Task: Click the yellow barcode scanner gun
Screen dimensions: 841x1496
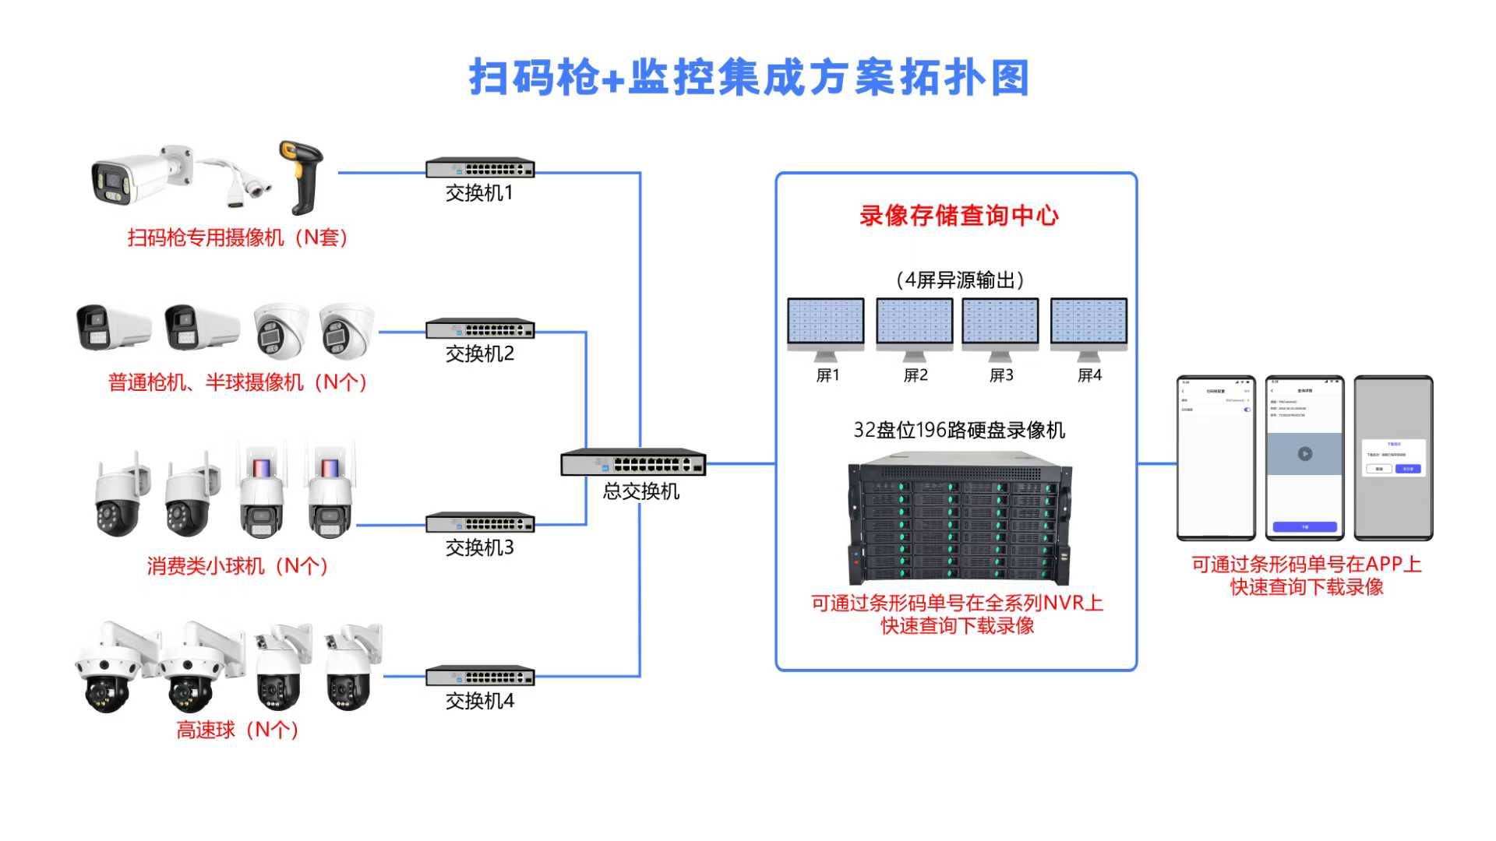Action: (302, 176)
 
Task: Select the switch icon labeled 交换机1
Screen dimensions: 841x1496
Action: (480, 167)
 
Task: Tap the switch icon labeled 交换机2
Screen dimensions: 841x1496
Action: (480, 329)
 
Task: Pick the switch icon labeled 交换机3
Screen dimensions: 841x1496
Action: (480, 523)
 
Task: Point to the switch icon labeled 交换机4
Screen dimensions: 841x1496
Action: (480, 676)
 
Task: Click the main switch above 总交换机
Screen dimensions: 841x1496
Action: (633, 463)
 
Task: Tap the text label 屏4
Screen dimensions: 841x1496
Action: (1089, 375)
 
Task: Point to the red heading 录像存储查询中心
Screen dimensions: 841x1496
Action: (959, 216)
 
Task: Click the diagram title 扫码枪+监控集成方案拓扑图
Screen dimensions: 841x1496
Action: (749, 78)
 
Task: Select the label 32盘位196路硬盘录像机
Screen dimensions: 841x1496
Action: (959, 430)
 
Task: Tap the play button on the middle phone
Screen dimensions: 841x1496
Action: (1304, 454)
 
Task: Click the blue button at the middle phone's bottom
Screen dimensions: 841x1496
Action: (1304, 527)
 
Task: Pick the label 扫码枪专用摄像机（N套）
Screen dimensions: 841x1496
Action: (238, 238)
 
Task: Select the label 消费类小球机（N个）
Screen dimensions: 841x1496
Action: (238, 566)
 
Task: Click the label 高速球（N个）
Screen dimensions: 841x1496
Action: (238, 730)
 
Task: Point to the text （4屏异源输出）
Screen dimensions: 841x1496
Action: (959, 280)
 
